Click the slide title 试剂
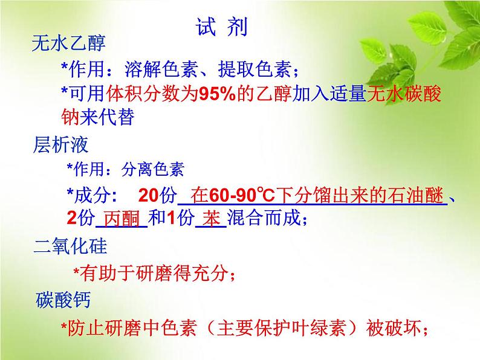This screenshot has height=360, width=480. pos(221,28)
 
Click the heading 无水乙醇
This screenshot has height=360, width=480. pos(68,43)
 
